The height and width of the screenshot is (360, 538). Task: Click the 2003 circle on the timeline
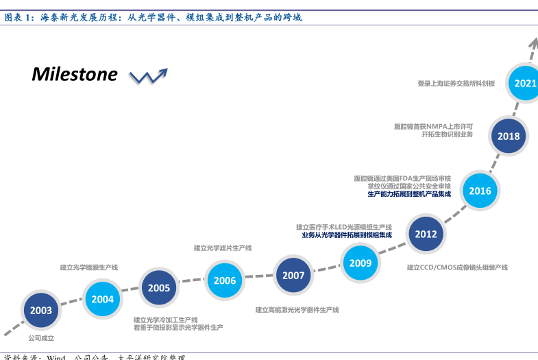click(x=41, y=311)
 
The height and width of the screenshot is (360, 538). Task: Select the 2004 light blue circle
click(x=103, y=299)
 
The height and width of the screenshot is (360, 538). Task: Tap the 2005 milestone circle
click(x=159, y=288)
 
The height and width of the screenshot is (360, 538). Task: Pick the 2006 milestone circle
click(x=225, y=280)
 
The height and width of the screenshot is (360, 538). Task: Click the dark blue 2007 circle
click(x=293, y=276)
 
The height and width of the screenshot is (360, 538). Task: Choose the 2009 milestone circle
click(x=360, y=263)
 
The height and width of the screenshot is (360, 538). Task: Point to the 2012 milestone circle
click(x=426, y=234)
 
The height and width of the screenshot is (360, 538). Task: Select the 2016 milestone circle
click(x=480, y=191)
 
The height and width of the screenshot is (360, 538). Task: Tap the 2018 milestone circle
click(x=509, y=136)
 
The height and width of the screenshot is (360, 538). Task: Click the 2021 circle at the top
click(x=525, y=84)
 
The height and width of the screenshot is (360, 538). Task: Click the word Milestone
click(x=74, y=74)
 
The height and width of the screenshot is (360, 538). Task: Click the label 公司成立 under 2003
click(x=41, y=338)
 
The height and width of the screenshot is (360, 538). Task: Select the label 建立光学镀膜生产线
click(x=89, y=267)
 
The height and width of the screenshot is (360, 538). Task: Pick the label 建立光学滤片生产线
click(x=223, y=248)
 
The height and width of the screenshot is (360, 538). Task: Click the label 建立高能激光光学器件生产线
click(x=297, y=310)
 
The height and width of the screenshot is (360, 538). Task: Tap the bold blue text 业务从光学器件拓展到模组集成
click(x=347, y=235)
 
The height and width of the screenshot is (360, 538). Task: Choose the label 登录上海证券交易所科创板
click(x=456, y=84)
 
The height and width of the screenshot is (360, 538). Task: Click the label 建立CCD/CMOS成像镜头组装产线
click(x=457, y=267)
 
